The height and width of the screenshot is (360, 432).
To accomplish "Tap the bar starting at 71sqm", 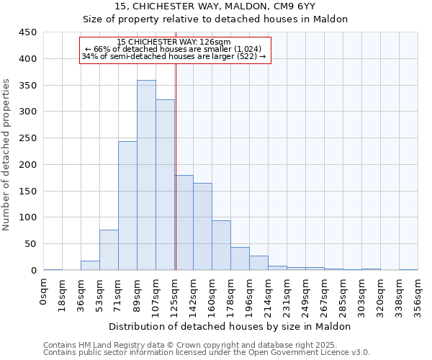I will [x=127, y=206].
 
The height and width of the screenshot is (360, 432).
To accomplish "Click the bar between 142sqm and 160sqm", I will [x=202, y=227].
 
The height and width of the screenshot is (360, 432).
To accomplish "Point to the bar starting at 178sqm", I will [x=240, y=258].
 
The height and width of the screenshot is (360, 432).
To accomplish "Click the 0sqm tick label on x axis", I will [x=44, y=292].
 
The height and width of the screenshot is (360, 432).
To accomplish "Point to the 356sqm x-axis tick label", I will [x=418, y=295].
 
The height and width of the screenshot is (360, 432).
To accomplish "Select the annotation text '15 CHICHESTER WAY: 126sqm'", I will [x=174, y=42].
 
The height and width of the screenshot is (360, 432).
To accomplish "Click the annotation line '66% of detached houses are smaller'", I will [x=174, y=49].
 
